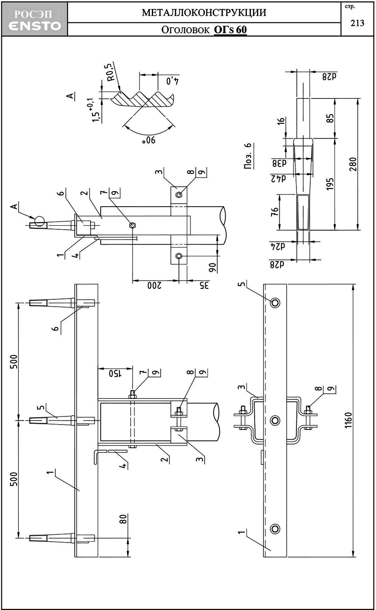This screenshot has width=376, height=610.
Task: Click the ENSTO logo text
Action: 35,26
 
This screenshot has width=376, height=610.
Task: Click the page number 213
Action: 357,23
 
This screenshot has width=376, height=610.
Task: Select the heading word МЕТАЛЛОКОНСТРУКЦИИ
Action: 204,13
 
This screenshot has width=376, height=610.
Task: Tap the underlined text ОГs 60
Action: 230,29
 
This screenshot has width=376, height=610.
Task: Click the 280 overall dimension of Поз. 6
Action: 352,164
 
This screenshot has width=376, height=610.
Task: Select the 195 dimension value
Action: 330,184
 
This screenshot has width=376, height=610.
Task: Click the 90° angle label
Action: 149,140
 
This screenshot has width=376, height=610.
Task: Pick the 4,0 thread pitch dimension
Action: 173,81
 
